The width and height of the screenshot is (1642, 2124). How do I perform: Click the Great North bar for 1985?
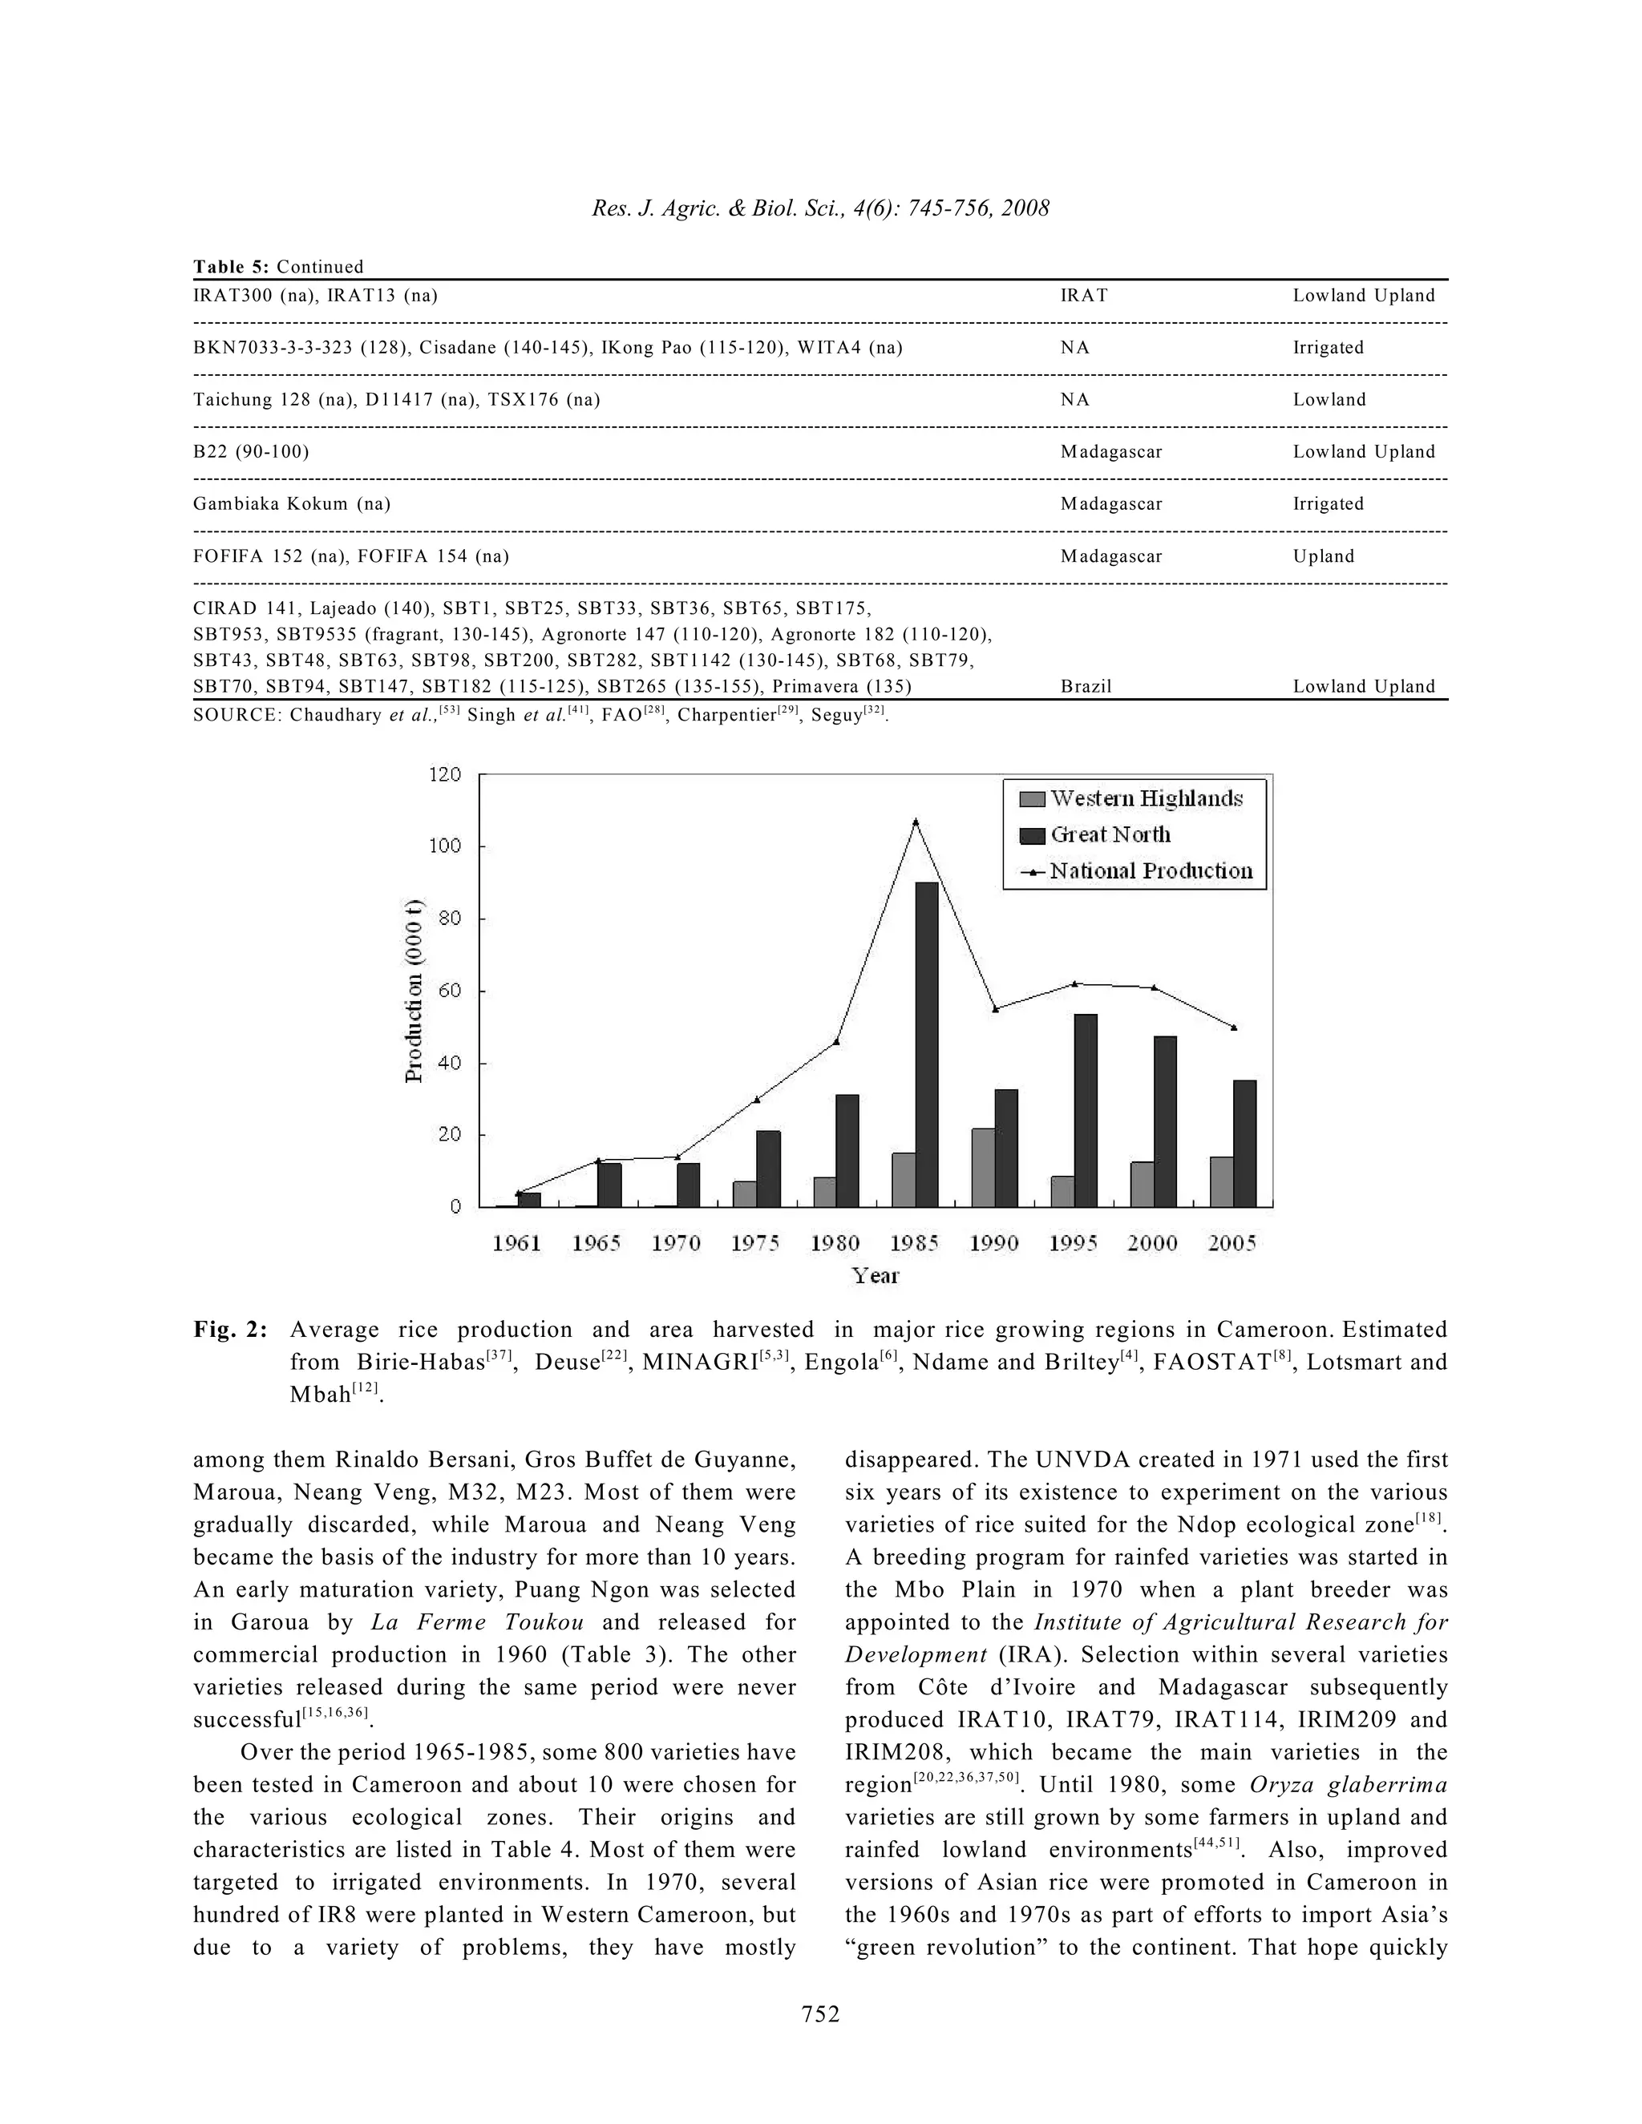926,1044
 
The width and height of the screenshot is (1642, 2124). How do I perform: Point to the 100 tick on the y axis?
446,846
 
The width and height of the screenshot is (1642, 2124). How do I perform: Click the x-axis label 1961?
516,1243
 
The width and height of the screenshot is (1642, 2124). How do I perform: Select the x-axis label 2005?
1231,1243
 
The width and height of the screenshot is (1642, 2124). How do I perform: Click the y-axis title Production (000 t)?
415,990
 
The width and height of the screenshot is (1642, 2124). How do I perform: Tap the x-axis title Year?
875,1276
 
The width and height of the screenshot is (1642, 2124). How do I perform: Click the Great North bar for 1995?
1086,1111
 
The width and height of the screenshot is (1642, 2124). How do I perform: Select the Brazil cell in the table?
1086,687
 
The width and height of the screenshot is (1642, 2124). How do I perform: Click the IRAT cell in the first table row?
1084,296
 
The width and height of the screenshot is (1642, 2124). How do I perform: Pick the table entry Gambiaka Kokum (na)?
292,504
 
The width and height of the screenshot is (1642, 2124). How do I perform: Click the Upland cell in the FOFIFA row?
1323,556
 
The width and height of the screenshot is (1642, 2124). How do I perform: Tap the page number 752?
820,2014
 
